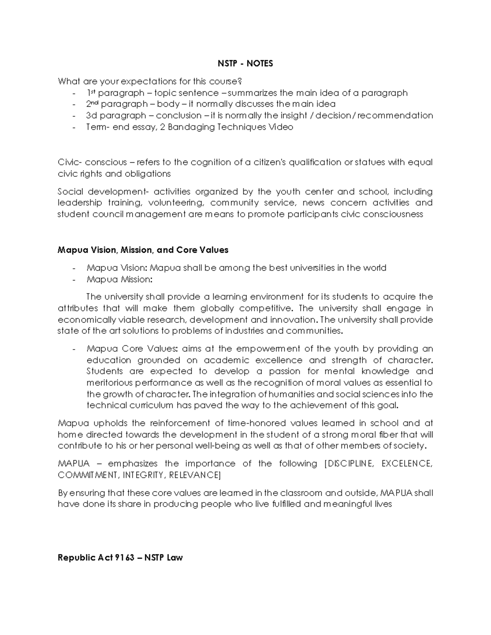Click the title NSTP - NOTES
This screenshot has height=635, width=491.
(x=245, y=63)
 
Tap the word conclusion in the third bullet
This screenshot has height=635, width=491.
(x=178, y=115)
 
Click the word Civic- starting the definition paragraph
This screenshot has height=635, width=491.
(x=70, y=162)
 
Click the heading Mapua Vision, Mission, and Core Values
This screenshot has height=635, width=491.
(x=143, y=250)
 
